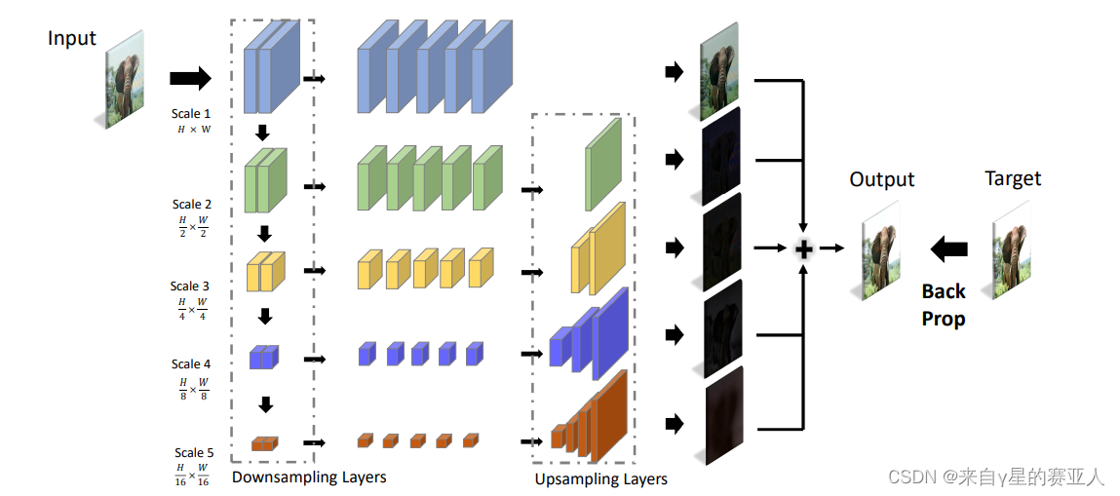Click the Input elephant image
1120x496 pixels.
coord(124,77)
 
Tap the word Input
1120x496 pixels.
coord(72,38)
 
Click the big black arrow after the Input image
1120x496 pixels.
coord(190,77)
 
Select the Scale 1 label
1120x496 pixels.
coord(192,114)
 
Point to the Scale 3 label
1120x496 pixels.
coord(190,286)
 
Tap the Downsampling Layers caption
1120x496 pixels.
coord(309,477)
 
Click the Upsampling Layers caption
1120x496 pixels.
coord(600,478)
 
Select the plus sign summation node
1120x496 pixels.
coord(803,249)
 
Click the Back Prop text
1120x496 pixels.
coord(944,304)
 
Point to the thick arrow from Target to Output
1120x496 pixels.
coord(948,249)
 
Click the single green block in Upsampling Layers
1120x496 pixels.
coord(602,164)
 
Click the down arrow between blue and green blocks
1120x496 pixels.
coord(261,134)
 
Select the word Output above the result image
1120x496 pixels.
coord(882,179)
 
